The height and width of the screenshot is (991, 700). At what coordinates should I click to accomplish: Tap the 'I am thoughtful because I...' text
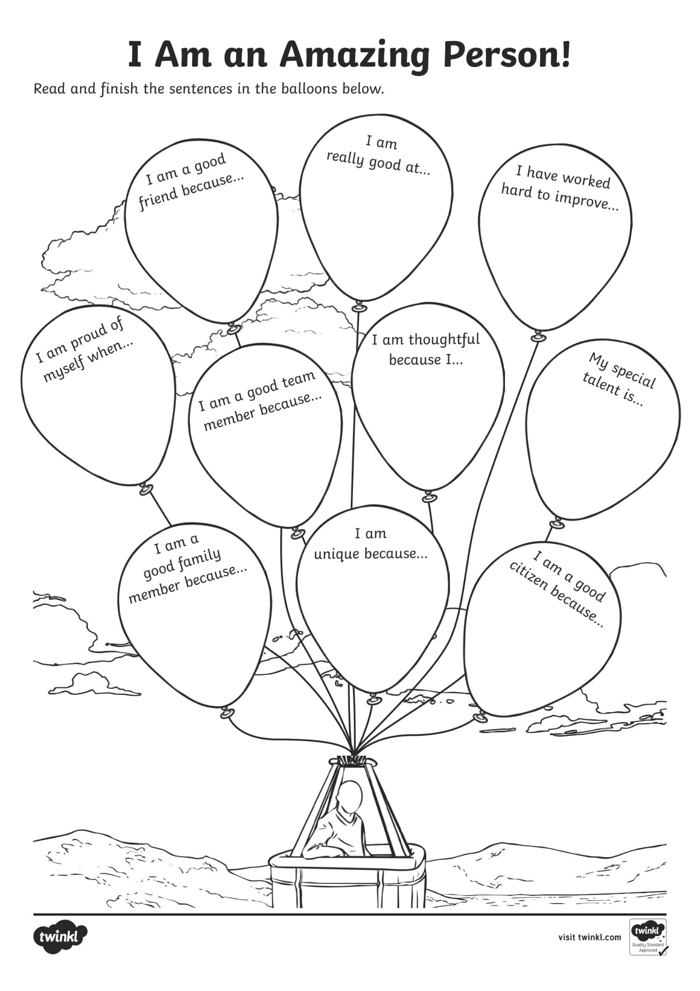[x=426, y=349]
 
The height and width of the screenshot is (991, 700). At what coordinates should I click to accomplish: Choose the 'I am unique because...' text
[x=371, y=544]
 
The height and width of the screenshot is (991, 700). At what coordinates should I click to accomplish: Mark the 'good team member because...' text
[x=260, y=400]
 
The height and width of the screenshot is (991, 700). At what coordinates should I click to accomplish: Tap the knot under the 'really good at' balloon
[x=359, y=307]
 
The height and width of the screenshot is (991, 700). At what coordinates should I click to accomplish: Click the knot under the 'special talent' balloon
[x=557, y=523]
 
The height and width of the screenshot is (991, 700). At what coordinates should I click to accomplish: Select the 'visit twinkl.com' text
[x=590, y=937]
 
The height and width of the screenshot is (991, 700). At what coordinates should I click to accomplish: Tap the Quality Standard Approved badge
[x=648, y=937]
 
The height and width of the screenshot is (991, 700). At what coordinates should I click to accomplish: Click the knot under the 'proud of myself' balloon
[x=146, y=489]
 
